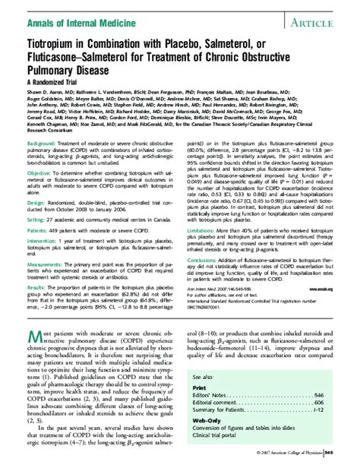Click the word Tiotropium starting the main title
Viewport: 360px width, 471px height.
click(54, 48)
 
